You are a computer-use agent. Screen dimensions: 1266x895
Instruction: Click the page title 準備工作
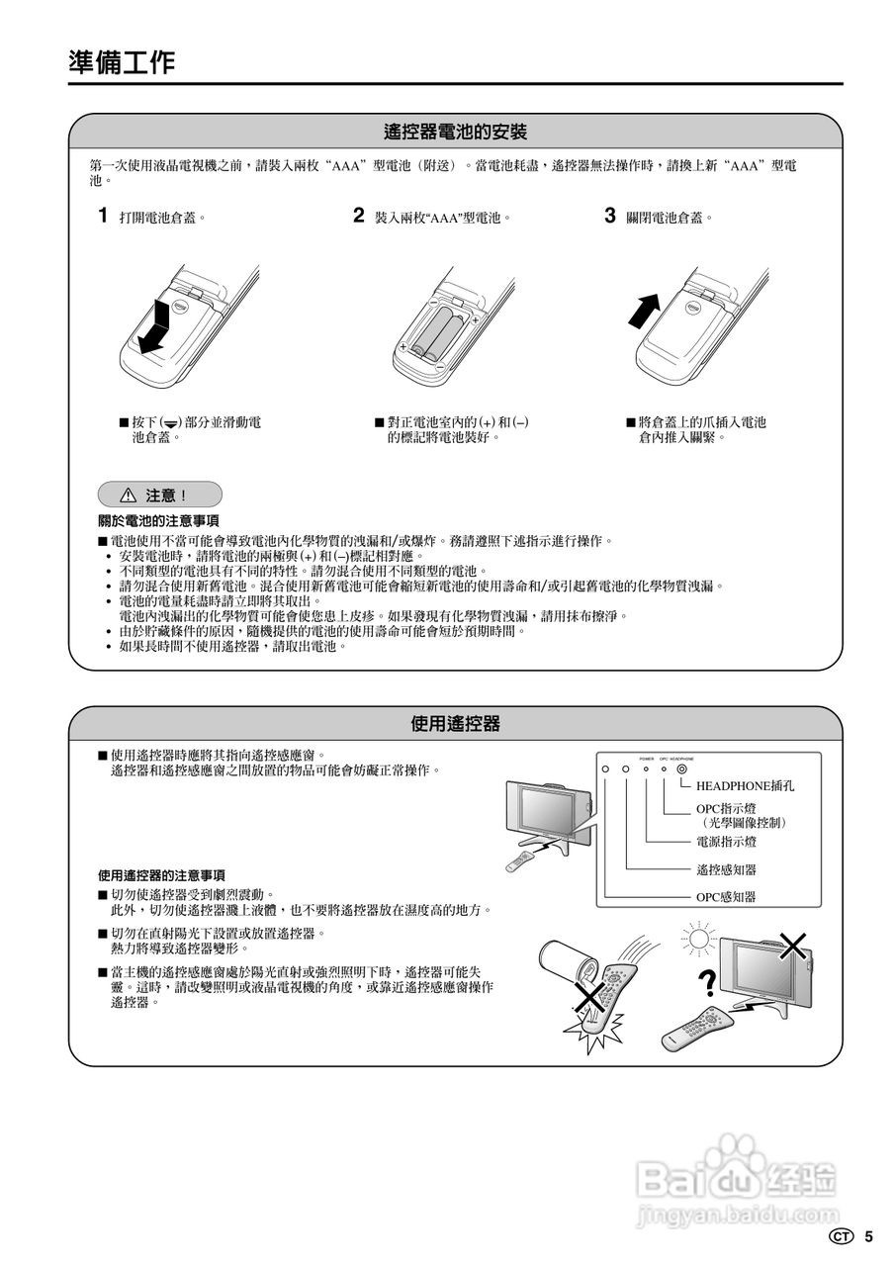[x=122, y=62]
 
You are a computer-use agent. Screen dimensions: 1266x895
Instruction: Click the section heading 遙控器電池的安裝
[x=455, y=132]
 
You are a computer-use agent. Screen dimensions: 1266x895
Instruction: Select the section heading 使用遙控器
[x=455, y=724]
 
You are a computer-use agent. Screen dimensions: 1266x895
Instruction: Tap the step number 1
[x=103, y=216]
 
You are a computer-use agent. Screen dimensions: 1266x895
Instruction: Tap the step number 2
[x=359, y=216]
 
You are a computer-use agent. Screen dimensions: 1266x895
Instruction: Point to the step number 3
[x=610, y=216]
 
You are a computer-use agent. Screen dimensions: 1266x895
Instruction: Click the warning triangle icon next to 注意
[x=128, y=496]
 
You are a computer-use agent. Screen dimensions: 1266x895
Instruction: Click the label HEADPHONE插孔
[x=745, y=787]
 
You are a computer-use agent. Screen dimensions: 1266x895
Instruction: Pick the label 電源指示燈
[x=726, y=843]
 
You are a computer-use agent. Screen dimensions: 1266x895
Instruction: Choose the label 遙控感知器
[x=726, y=870]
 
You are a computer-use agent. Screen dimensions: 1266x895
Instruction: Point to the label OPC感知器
[x=725, y=897]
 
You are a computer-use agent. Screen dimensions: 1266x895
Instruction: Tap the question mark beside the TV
[x=706, y=982]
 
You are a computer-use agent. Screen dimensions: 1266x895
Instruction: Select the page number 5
[x=868, y=1236]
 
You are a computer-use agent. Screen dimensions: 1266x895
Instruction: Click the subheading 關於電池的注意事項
[x=158, y=520]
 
